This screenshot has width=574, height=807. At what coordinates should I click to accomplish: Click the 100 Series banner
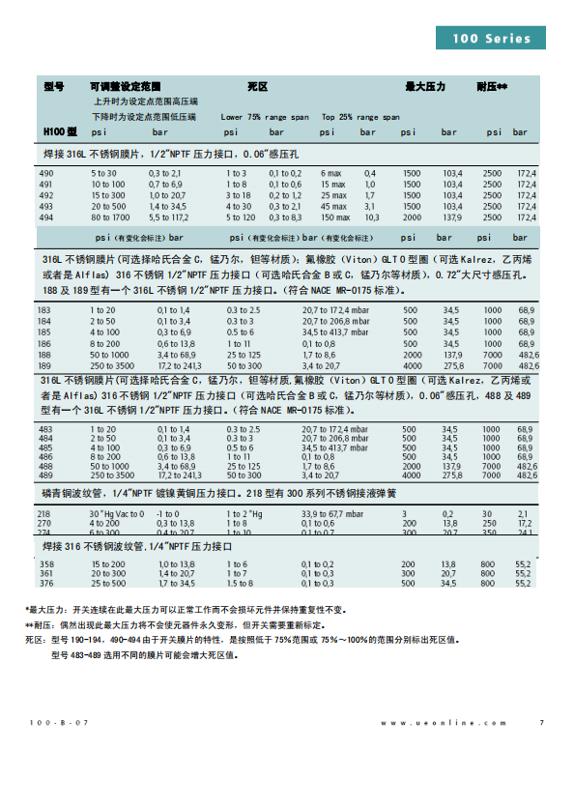(x=497, y=38)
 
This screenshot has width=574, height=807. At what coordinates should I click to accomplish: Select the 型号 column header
(x=54, y=86)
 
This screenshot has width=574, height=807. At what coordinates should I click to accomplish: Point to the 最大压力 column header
(x=424, y=86)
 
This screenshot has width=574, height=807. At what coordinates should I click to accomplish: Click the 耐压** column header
(x=492, y=86)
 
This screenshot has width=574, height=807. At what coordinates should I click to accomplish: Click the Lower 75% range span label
(x=255, y=116)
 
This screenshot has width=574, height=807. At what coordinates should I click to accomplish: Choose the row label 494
(x=45, y=217)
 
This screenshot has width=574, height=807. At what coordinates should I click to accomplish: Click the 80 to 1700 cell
(x=109, y=217)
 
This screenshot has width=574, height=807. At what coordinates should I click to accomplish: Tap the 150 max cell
(x=336, y=217)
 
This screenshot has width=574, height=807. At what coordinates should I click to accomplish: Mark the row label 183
(x=45, y=308)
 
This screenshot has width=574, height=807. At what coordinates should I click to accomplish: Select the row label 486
(x=45, y=456)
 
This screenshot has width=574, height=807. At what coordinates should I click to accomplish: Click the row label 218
(x=45, y=513)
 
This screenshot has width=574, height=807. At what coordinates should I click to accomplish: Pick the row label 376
(x=45, y=583)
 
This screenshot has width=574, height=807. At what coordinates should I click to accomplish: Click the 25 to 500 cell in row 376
(x=108, y=583)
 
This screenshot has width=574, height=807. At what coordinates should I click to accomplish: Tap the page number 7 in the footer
(x=541, y=723)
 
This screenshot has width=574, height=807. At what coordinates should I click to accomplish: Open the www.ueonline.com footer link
(x=443, y=723)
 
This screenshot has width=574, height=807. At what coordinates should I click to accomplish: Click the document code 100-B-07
(x=60, y=723)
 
